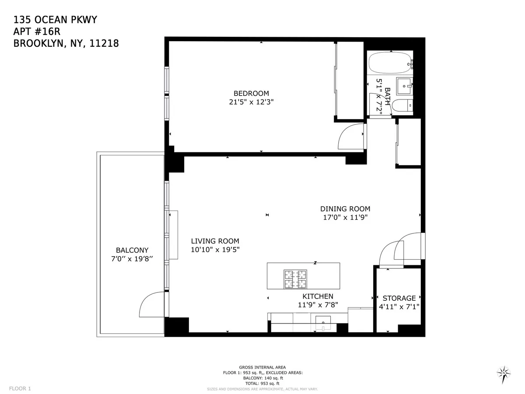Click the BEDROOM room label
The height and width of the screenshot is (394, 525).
pyautogui.click(x=251, y=93)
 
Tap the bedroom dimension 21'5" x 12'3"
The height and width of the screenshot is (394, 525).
pyautogui.click(x=251, y=102)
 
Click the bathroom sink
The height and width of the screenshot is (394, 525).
pyautogui.click(x=404, y=86)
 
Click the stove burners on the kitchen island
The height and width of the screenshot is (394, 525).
pyautogui.click(x=296, y=280)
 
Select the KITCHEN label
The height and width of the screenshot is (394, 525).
pyautogui.click(x=318, y=296)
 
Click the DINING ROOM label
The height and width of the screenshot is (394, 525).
pyautogui.click(x=345, y=209)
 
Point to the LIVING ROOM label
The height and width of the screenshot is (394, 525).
pyautogui.click(x=215, y=241)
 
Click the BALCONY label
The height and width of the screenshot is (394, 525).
pyautogui.click(x=132, y=250)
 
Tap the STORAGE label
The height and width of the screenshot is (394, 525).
pyautogui.click(x=399, y=298)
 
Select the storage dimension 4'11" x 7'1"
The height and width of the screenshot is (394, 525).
pyautogui.click(x=399, y=307)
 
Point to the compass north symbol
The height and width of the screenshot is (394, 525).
pyautogui.click(x=504, y=373)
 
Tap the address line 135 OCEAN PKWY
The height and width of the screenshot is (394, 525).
pyautogui.click(x=56, y=20)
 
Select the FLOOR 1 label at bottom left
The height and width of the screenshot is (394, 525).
pyautogui.click(x=20, y=388)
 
